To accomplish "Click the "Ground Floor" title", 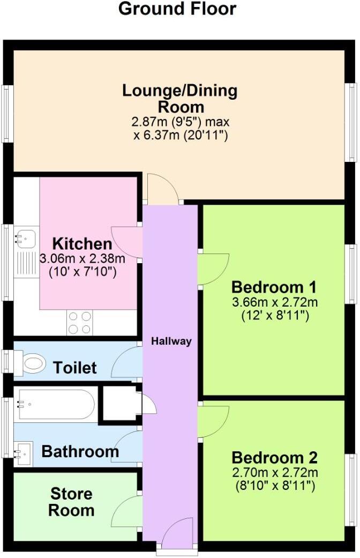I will (x=177, y=9).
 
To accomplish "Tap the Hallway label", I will (x=171, y=341).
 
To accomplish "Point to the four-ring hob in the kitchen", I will (x=80, y=323).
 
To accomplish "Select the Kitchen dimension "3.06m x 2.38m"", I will (x=82, y=258).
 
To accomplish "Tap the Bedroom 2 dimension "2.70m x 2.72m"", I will (x=274, y=473).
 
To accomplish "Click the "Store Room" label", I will (x=71, y=502).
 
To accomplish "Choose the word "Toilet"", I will (x=75, y=368).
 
